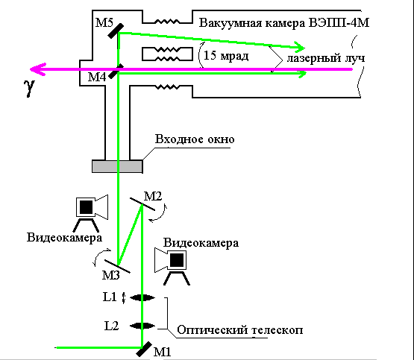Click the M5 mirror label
pos(104,22)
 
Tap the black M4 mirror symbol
pos(116,71)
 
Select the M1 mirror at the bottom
pos(144,349)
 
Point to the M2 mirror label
pos(153,196)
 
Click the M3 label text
pos(111,275)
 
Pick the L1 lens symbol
pos(142,297)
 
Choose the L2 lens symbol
pos(142,326)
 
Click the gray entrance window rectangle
pos(118,166)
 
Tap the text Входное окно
pos(195,139)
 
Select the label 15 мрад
pos(226,56)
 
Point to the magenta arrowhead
pos(38,69)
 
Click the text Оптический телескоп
pos(239,330)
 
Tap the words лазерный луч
pos(326,58)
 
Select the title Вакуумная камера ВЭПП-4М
pos(284,23)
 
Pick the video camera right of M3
pos(173,266)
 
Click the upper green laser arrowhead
pos(300,47)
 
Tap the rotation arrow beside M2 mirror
pos(158,213)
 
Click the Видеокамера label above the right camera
pos(201,243)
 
